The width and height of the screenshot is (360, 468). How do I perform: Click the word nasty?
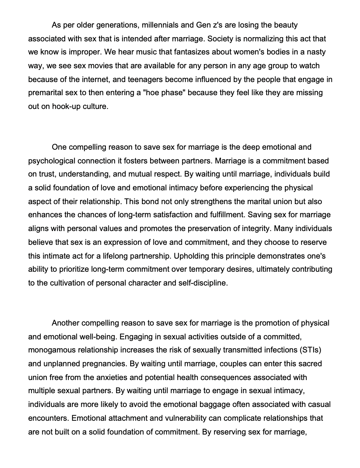tap(315, 52)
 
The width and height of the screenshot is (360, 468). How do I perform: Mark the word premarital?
tap(46, 93)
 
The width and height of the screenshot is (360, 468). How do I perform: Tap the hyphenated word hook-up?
tap(64, 107)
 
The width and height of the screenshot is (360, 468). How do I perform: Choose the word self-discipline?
tap(203, 283)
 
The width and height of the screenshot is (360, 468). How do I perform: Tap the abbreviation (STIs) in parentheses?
tap(310, 350)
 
